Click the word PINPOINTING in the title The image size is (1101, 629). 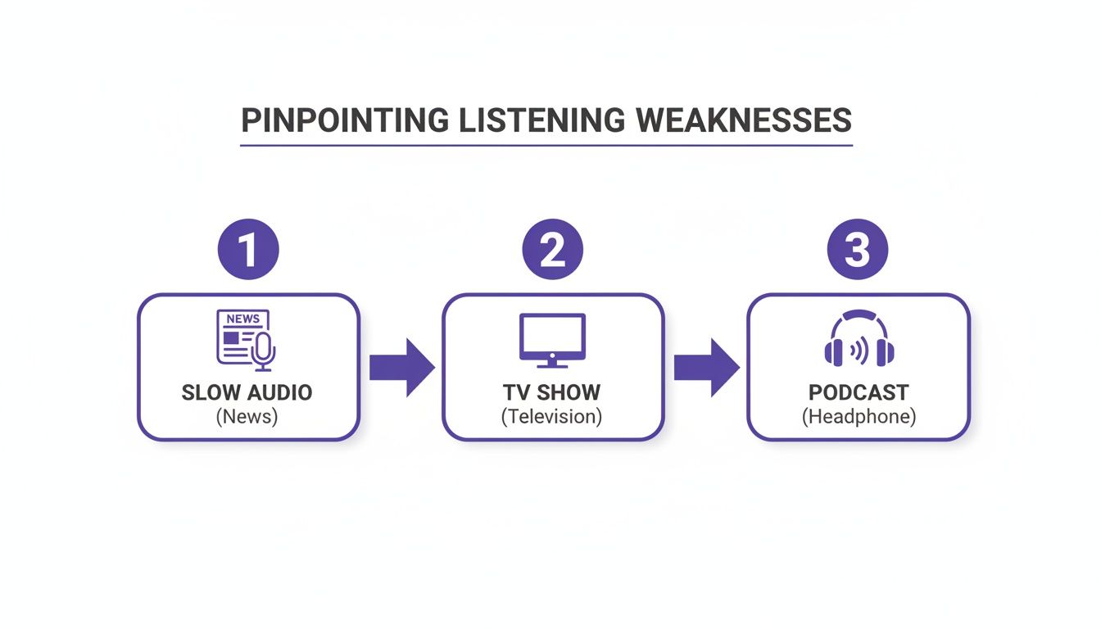[x=345, y=120]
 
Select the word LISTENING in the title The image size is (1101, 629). [x=541, y=120]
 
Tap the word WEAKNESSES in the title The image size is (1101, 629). [x=743, y=120]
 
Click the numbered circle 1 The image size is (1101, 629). [x=248, y=251]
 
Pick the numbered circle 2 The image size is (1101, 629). [x=553, y=251]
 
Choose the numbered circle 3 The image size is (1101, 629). [x=858, y=251]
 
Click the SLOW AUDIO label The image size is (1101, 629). [x=247, y=392]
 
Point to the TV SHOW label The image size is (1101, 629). [x=552, y=392]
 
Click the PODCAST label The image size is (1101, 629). [x=858, y=392]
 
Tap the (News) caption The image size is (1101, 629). [x=247, y=417]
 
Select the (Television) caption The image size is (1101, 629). [x=552, y=417]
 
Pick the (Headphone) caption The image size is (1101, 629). [x=858, y=417]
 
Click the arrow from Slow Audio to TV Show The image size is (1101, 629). [x=401, y=368]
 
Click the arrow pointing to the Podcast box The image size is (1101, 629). [x=706, y=368]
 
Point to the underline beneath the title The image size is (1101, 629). [x=546, y=146]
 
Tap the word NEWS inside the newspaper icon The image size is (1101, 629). [x=242, y=319]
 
